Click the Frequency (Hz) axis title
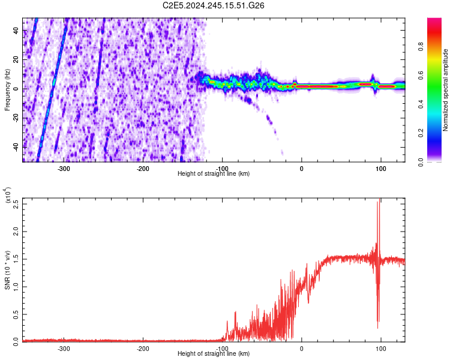pos(7,89)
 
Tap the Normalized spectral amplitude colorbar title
pos(446,89)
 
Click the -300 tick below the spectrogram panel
pos(64,169)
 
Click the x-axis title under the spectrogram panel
pos(214,174)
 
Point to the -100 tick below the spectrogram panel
pos(222,169)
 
